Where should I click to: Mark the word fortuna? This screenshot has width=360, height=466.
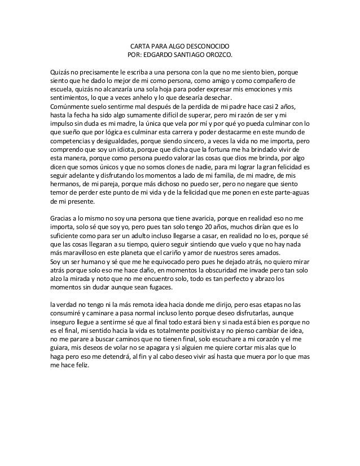[221, 151]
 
